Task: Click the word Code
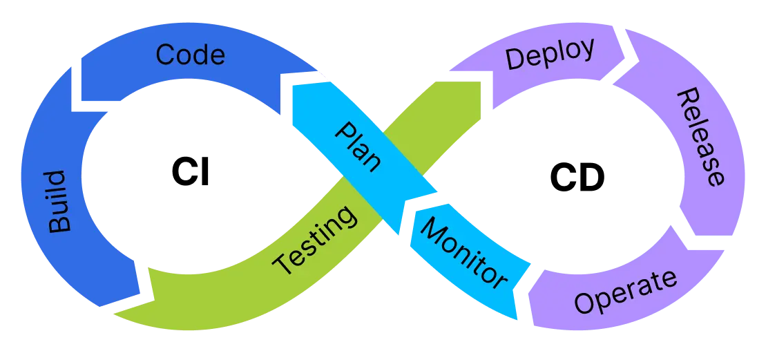pos(190,55)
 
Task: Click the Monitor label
pos(463,252)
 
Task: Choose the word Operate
pos(626,292)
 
